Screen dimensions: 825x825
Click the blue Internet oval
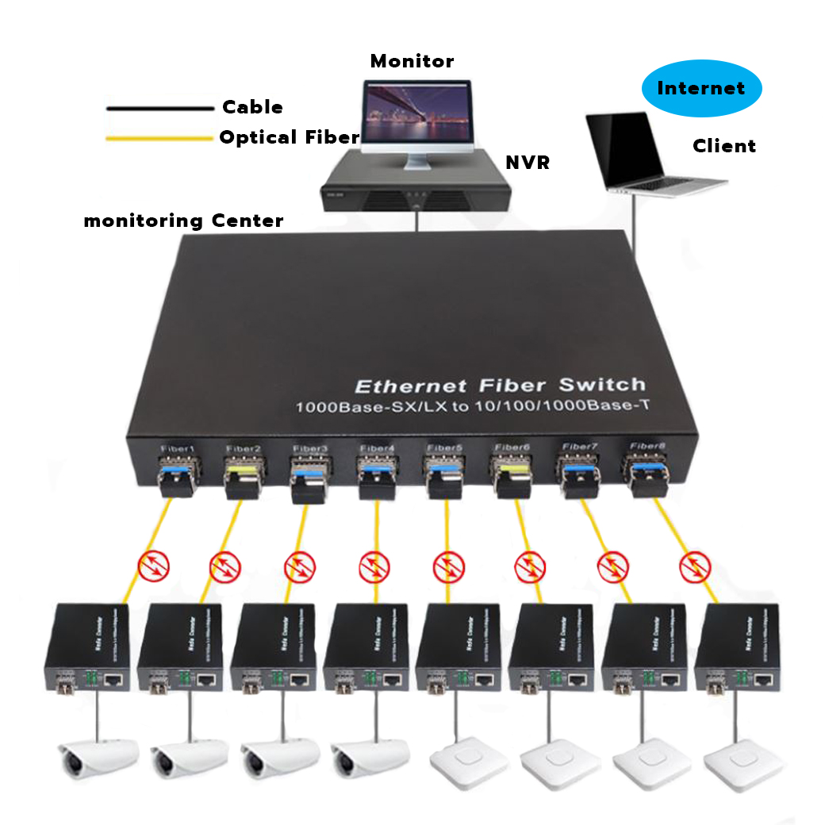point(700,88)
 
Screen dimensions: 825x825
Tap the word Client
point(723,146)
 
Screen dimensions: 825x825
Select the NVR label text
point(528,163)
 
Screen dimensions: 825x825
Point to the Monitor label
point(412,61)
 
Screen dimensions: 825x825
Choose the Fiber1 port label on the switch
point(176,448)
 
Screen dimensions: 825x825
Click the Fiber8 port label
point(646,446)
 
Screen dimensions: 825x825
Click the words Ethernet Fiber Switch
point(499,386)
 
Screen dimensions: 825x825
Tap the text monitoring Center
point(183,221)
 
